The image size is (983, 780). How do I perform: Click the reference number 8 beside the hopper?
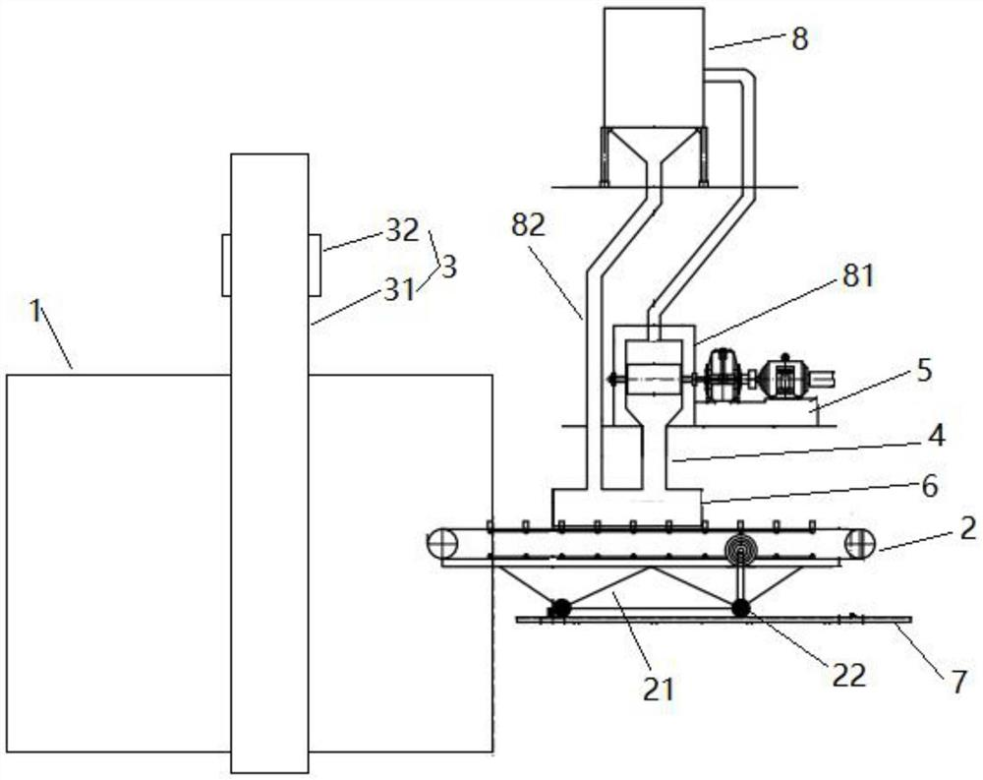(799, 39)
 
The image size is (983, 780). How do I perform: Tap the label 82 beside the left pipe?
(528, 225)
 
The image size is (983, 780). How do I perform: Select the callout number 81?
(857, 275)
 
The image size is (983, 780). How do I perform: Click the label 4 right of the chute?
(936, 436)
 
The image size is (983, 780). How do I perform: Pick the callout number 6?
(930, 486)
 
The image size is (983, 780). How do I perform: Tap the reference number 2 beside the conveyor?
(968, 529)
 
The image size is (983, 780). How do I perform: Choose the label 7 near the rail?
(958, 683)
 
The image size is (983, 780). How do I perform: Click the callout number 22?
(849, 676)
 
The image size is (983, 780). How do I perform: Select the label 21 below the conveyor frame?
(658, 689)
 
